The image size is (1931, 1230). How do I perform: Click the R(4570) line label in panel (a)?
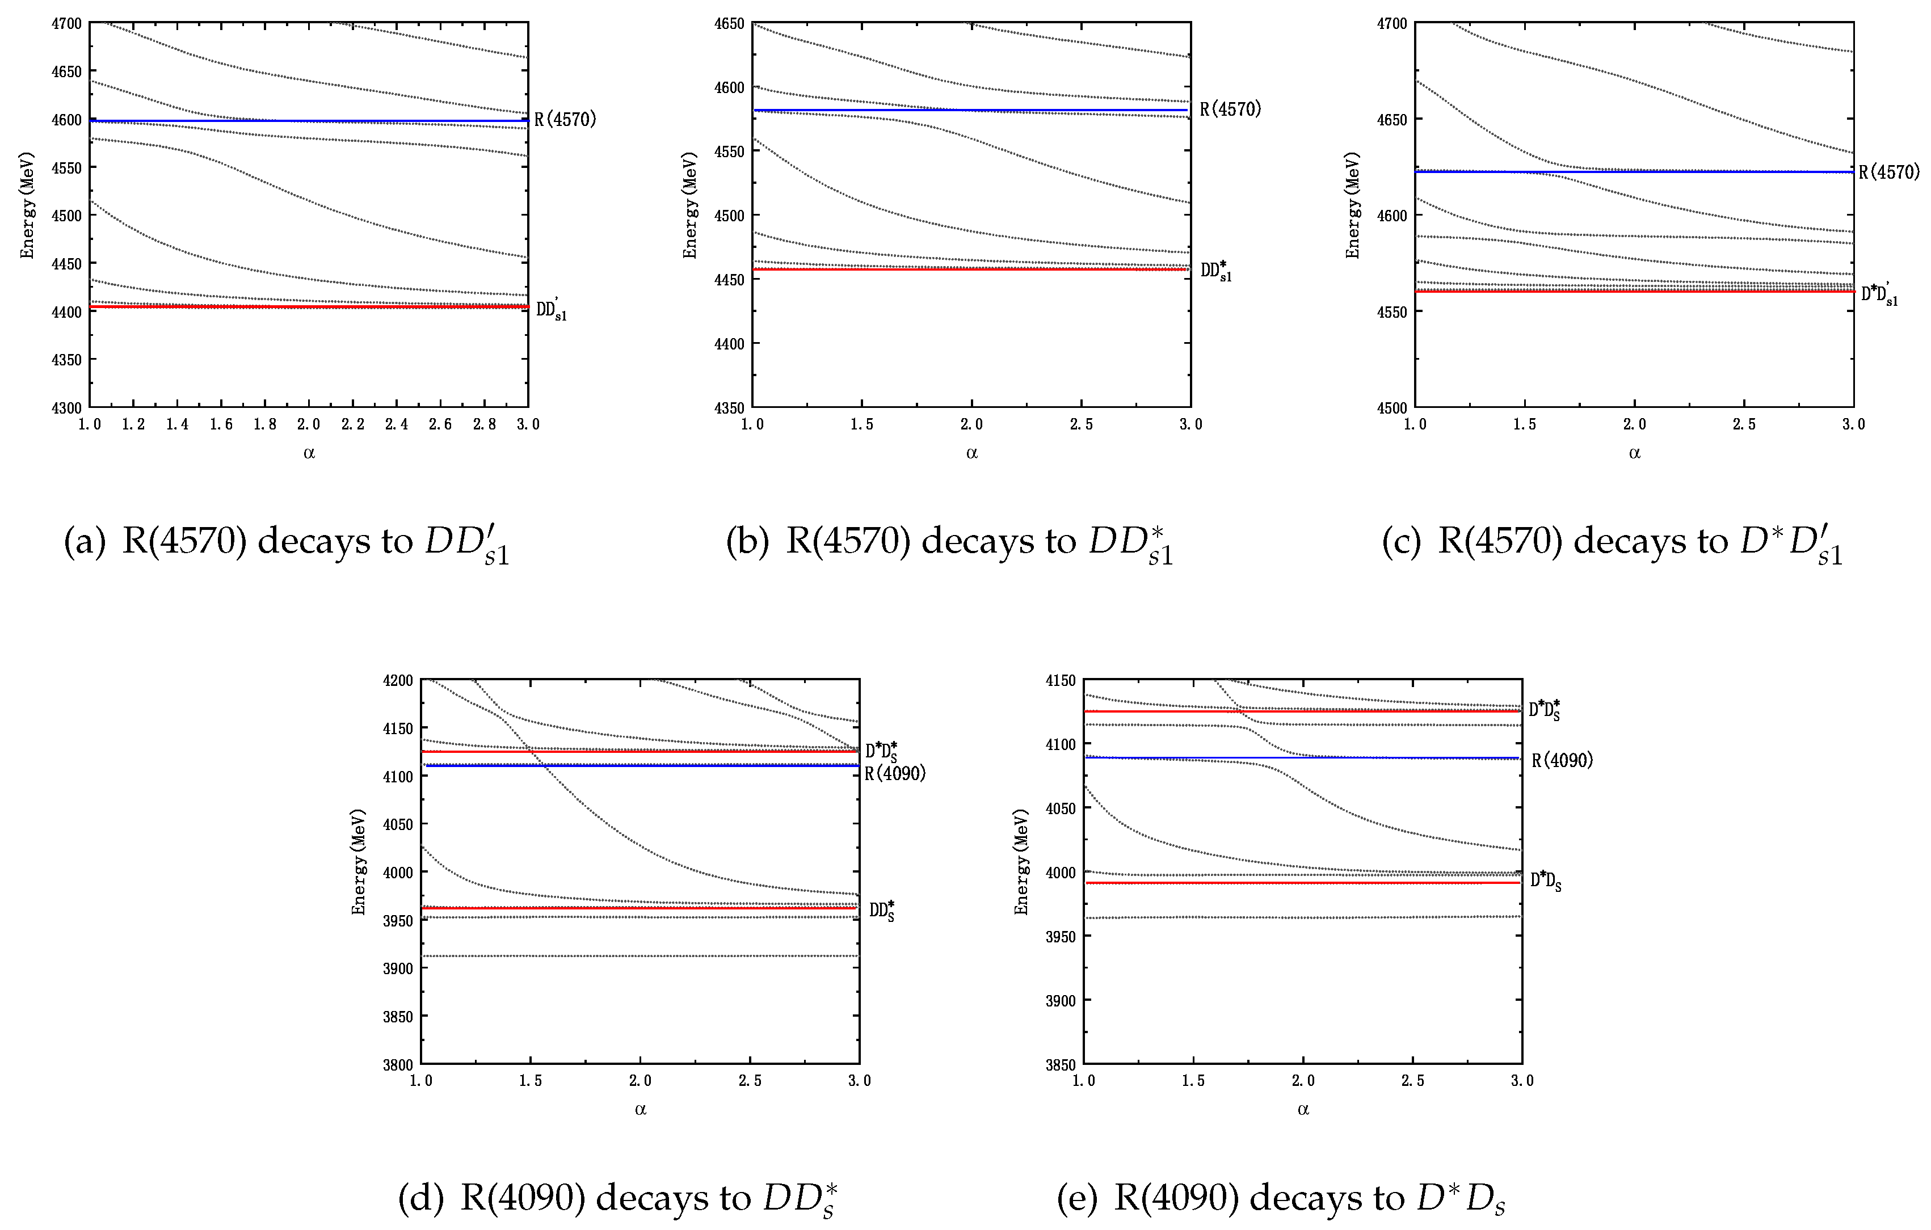(x=565, y=120)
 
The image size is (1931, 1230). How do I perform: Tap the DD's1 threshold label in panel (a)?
(x=552, y=310)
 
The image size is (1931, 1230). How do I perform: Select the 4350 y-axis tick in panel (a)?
(x=66, y=360)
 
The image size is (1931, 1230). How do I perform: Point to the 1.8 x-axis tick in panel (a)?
(x=266, y=424)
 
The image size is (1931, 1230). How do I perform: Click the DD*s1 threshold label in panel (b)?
(x=1215, y=271)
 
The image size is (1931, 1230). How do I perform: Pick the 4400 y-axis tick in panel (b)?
(x=730, y=344)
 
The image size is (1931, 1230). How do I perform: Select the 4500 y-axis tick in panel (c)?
(x=1392, y=407)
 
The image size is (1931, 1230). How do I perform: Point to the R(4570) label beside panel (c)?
(x=1890, y=171)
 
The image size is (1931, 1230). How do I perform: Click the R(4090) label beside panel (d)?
(x=895, y=774)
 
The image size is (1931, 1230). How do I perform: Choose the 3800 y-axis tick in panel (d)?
(x=398, y=1065)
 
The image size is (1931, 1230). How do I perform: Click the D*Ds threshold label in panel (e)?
(x=1545, y=881)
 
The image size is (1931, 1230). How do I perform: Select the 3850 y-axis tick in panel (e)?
(x=1061, y=1065)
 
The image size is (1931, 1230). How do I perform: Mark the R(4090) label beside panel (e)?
(x=1562, y=760)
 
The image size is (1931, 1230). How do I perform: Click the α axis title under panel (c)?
(x=1634, y=453)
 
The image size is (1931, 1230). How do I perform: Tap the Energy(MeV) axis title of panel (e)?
(x=1021, y=861)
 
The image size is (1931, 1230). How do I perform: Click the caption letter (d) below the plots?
(x=420, y=1197)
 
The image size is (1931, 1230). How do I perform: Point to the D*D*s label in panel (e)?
(x=1545, y=710)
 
